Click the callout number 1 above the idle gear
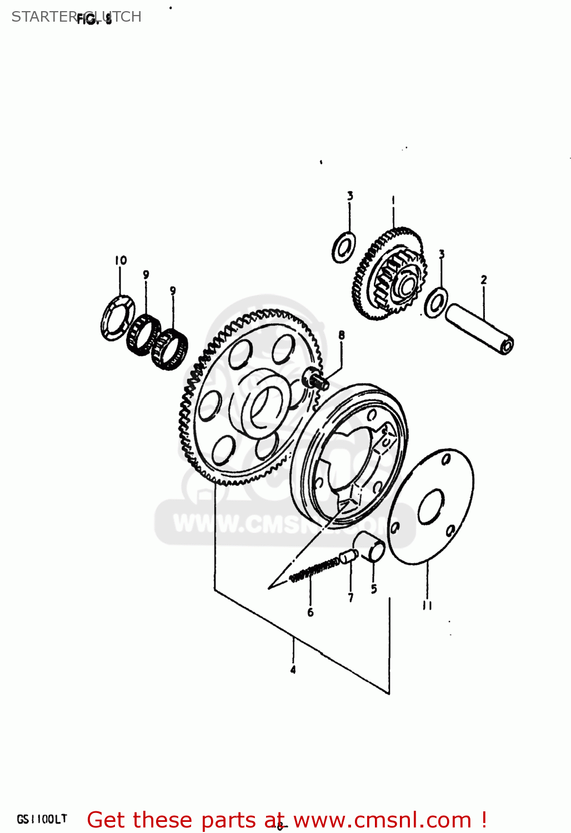point(393,199)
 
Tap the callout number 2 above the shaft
point(483,280)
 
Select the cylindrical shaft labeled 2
point(479,328)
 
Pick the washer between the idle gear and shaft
point(436,303)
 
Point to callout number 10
point(121,260)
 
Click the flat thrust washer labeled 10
point(117,318)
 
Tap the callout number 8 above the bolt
point(341,335)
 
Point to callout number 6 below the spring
point(310,612)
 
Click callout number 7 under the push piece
point(350,598)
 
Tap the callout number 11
point(427,605)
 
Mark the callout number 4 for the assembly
point(293,670)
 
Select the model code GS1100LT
point(42,819)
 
